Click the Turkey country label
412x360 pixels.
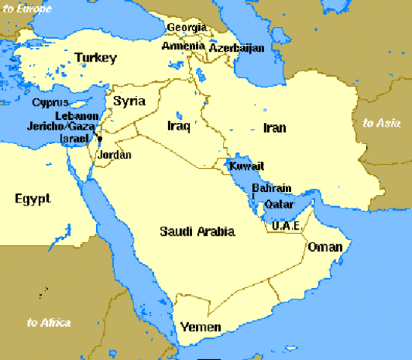95,58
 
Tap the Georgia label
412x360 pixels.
186,27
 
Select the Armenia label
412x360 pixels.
183,46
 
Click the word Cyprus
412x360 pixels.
50,103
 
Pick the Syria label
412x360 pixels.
128,100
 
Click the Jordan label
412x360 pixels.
115,155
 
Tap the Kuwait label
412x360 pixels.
246,166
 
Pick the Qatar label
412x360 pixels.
280,204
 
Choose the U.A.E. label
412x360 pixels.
286,225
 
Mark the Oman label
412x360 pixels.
325,247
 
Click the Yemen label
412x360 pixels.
200,327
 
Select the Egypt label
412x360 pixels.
32,199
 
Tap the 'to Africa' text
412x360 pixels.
48,322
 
